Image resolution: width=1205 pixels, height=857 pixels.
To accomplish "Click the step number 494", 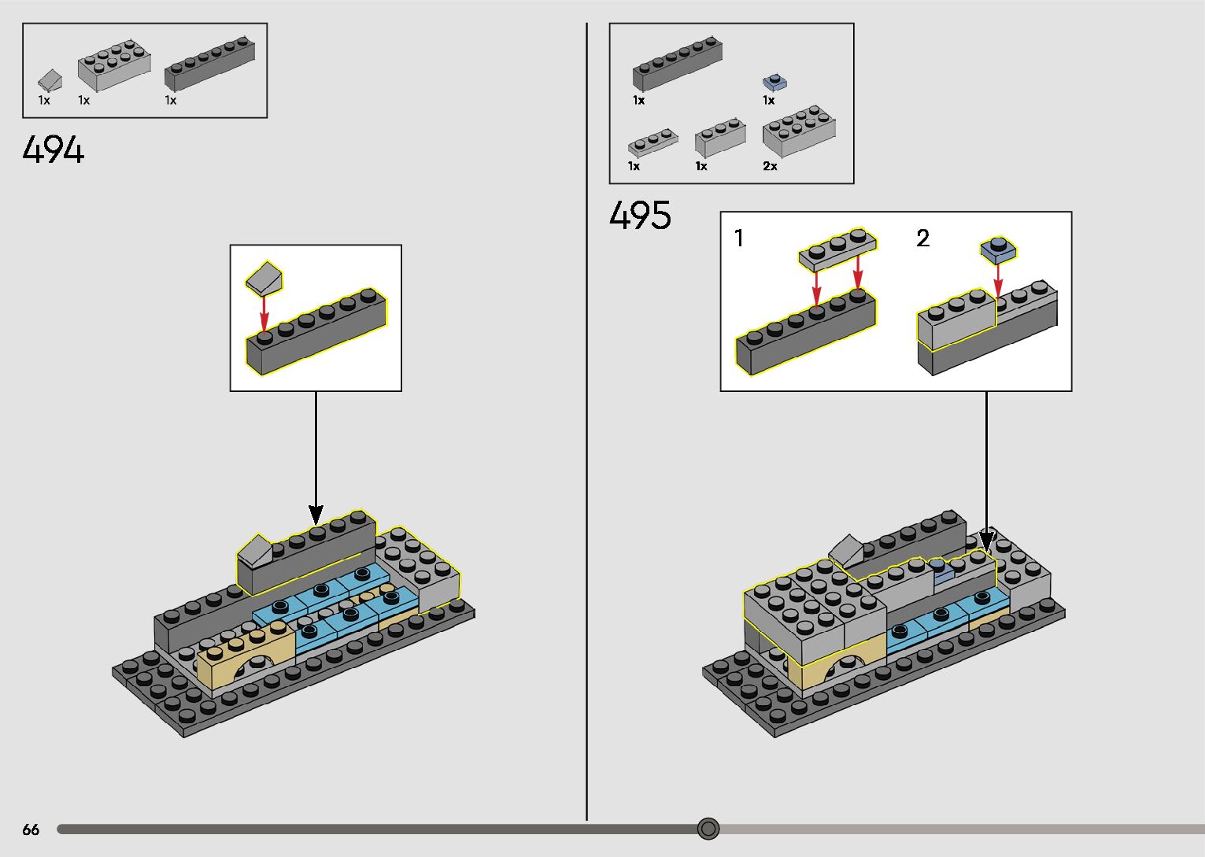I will (x=54, y=150).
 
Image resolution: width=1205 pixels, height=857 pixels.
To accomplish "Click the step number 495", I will (x=640, y=215).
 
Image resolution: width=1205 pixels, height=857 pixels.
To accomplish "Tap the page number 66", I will (x=31, y=829).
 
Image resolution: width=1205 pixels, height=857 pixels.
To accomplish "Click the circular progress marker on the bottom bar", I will (x=708, y=828).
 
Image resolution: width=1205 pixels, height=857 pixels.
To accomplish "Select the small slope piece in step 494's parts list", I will (x=50, y=79).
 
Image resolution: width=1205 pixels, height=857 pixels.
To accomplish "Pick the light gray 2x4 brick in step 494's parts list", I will (x=114, y=65).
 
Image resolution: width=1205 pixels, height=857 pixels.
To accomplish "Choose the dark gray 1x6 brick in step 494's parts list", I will (x=209, y=64).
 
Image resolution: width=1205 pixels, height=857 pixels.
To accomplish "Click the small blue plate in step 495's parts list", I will (x=774, y=81).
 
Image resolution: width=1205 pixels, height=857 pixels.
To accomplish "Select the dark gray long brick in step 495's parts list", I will (x=677, y=62).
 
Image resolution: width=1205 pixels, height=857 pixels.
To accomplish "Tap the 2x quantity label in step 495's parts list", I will (x=770, y=166).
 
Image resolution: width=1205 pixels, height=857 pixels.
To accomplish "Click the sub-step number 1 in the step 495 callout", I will (x=738, y=238).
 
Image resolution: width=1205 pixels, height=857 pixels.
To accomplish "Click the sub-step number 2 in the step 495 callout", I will (x=922, y=238).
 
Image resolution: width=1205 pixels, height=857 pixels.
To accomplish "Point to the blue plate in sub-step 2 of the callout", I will (x=997, y=250).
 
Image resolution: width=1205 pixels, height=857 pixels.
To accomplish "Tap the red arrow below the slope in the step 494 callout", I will (x=264, y=312).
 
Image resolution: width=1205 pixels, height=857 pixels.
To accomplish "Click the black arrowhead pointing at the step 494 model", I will (x=316, y=515).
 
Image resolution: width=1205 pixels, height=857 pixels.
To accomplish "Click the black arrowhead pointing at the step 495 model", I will (x=986, y=541).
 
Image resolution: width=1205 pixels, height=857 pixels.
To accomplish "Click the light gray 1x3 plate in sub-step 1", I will (x=837, y=250).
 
